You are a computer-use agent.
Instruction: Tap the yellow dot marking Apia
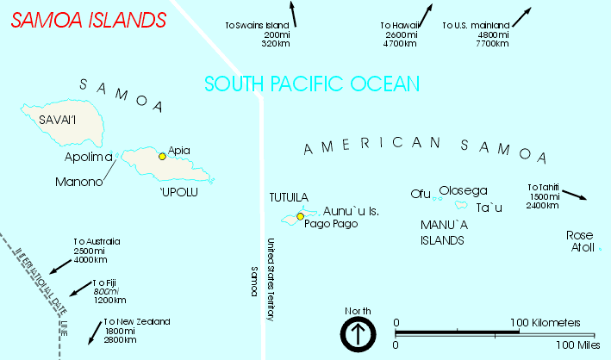(x=162, y=156)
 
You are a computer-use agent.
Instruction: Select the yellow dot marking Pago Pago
(x=301, y=216)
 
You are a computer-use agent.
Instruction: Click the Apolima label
(x=89, y=158)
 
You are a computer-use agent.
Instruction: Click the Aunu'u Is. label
(x=351, y=211)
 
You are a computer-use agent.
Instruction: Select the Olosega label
(x=464, y=190)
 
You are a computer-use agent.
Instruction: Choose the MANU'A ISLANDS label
(x=443, y=233)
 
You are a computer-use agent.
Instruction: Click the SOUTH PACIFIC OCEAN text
(x=312, y=84)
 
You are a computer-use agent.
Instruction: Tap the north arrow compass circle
(x=357, y=334)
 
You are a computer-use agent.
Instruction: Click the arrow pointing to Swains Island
(x=293, y=15)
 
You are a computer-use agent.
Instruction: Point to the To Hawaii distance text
(x=397, y=34)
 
